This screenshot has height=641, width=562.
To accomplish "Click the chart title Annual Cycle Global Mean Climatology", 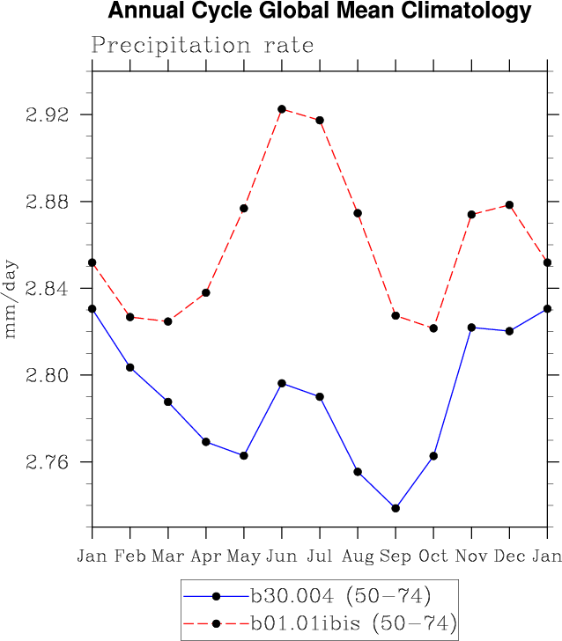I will point(320,11).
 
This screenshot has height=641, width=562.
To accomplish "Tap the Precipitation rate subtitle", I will point(203,45).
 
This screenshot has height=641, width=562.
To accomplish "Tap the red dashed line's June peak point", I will point(282,109).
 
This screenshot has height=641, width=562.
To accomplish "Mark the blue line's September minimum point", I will point(396,508).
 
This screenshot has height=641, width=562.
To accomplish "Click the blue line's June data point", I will point(282,383).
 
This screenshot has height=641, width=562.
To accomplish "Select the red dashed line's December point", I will point(509,205).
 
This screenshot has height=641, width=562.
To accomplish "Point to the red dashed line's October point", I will point(433,328).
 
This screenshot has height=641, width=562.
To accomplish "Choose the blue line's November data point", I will point(471,328).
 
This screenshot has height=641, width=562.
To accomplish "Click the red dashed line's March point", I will point(168,321).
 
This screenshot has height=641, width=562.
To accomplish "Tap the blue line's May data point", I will point(244,455).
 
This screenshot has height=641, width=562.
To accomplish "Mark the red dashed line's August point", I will point(358,213).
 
